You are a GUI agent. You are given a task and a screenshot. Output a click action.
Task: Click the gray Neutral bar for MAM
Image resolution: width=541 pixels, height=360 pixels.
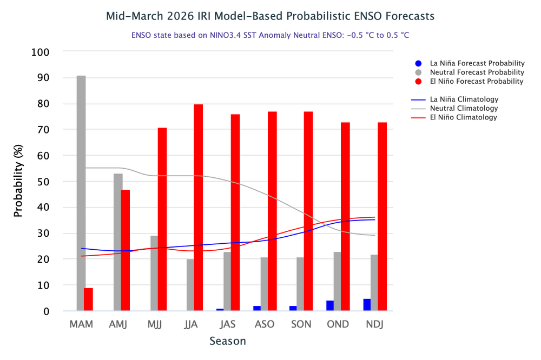tap(81, 193)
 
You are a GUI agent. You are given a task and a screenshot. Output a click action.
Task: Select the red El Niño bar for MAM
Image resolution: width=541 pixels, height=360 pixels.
tap(88, 299)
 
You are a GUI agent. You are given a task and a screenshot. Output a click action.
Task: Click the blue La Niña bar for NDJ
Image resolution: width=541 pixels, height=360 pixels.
tap(367, 305)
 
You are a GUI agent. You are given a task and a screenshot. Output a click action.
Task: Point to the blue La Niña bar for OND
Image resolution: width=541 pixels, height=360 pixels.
tap(330, 305)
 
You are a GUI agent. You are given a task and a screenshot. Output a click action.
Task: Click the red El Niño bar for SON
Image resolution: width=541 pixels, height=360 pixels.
tap(308, 211)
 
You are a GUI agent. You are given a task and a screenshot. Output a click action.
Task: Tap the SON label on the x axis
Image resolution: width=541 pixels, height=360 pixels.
tap(301, 324)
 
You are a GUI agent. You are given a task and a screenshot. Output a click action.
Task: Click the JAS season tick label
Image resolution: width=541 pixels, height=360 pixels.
tap(228, 324)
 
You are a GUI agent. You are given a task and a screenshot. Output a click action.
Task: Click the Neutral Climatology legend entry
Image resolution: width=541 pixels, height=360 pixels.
tap(464, 108)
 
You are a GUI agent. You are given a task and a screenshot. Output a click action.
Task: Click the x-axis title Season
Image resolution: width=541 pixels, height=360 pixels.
tap(228, 341)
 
